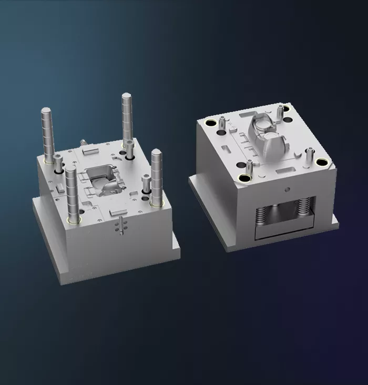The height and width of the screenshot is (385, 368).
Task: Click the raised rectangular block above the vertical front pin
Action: click(x=116, y=211)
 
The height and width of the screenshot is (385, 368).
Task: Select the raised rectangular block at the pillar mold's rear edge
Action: click(x=90, y=150)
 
